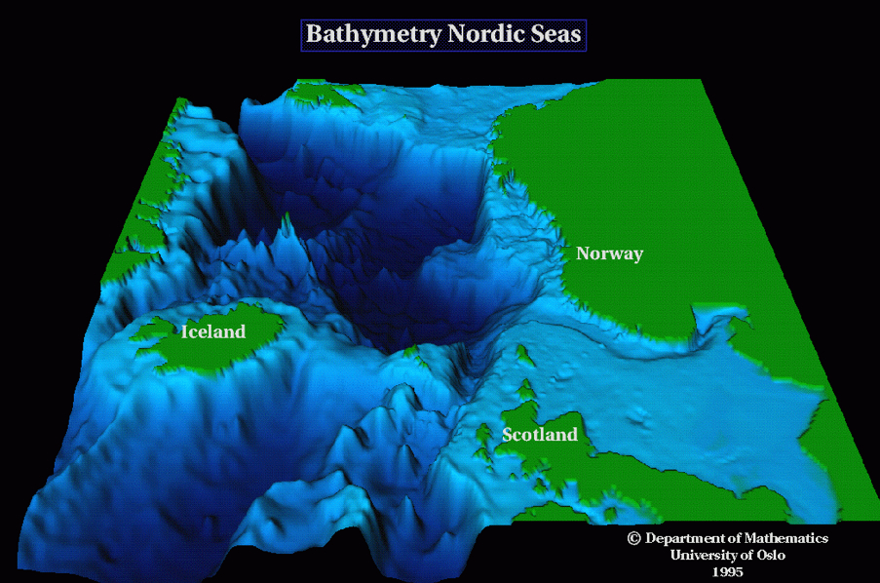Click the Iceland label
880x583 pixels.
click(213, 331)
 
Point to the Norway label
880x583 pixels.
click(609, 253)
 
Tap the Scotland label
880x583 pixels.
click(540, 434)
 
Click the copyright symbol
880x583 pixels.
click(633, 538)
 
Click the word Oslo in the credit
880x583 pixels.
click(766, 555)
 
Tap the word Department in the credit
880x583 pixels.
click(687, 538)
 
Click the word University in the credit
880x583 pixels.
click(705, 555)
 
